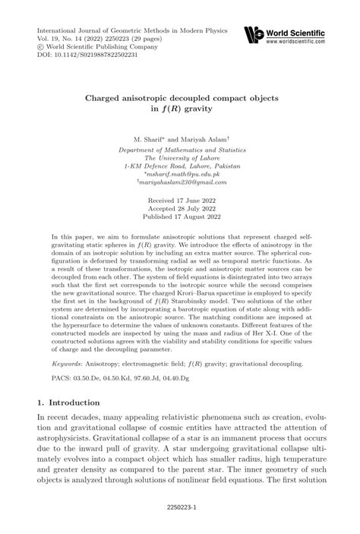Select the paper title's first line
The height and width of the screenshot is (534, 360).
click(180, 99)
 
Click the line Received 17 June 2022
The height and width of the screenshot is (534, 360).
click(180, 197)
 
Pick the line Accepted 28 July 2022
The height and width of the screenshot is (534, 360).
click(180, 207)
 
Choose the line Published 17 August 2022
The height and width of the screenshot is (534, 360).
click(180, 216)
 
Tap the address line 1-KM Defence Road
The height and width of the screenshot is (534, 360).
click(180, 165)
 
